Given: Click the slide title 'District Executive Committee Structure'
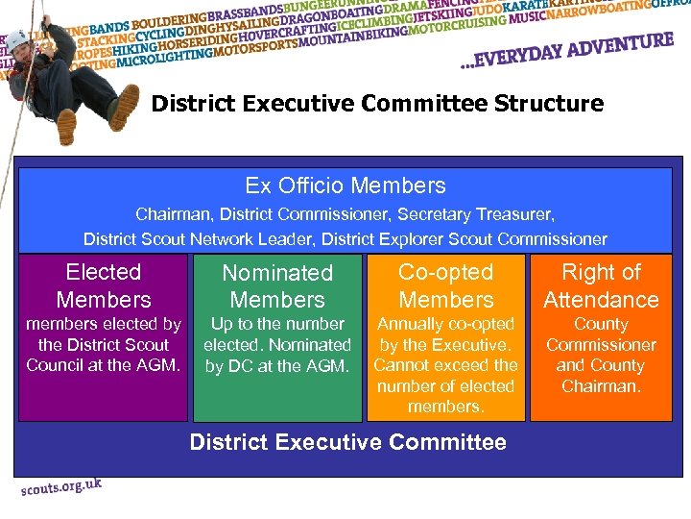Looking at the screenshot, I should click(377, 103).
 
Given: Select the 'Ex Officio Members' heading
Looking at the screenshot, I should click(345, 185).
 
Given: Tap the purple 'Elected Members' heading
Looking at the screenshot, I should click(104, 285).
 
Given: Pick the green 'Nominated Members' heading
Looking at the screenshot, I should click(277, 286).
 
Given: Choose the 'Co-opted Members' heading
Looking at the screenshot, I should click(445, 285).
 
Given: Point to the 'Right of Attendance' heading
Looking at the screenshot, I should click(601, 285).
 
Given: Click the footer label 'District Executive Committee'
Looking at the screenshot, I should click(347, 442).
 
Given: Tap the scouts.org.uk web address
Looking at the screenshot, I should click(61, 487).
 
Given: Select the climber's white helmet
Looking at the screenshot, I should click(18, 39).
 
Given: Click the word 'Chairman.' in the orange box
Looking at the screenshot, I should click(601, 385).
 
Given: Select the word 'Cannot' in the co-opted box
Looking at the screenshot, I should click(402, 365).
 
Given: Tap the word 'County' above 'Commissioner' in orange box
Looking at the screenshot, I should click(601, 324).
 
